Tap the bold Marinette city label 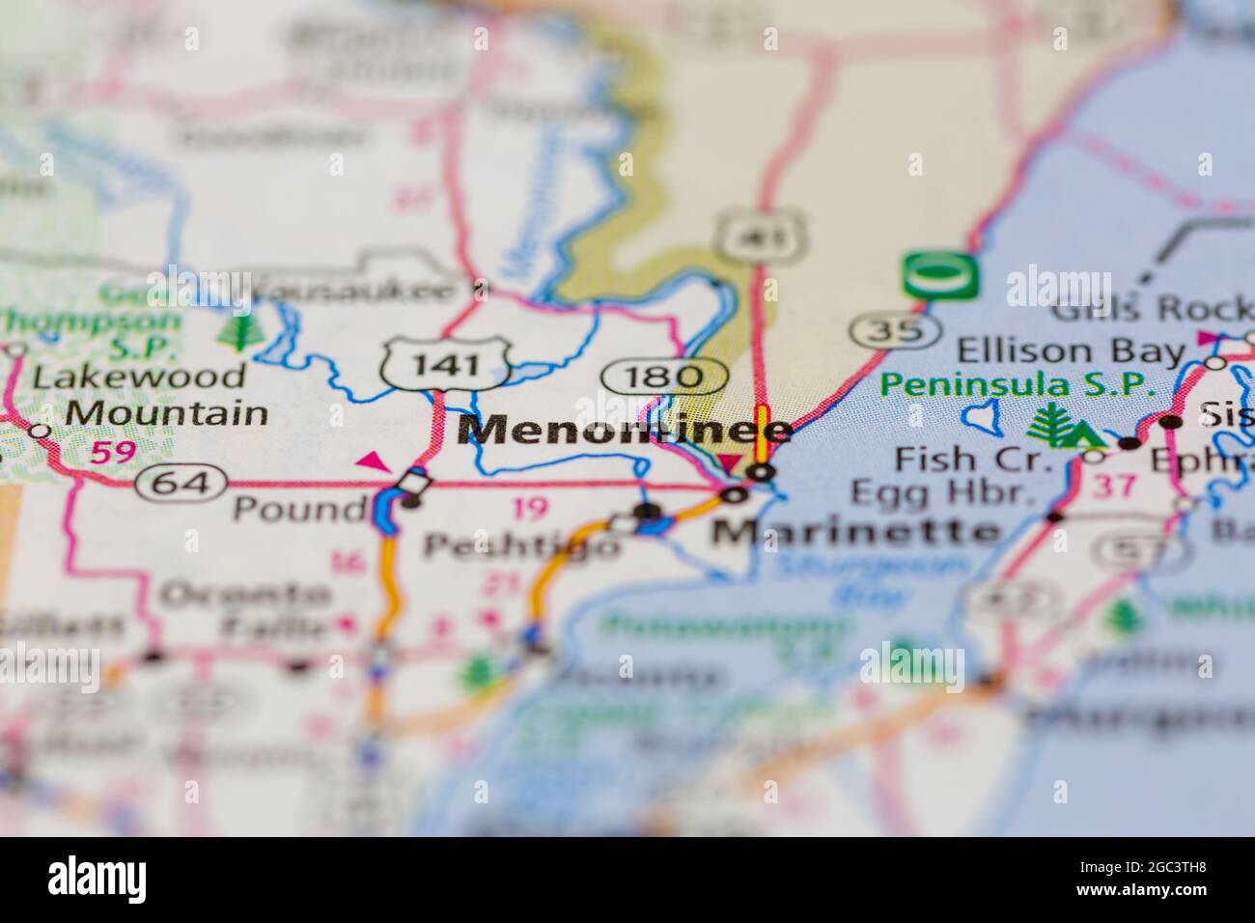coord(855,530)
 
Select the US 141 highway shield coord(445,364)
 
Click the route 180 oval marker coord(665,377)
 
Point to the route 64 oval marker coord(181,482)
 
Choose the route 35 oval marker coord(896,331)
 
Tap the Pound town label coord(299,509)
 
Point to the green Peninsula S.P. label coord(1018,385)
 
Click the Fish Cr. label coord(972,458)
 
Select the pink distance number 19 coord(530,508)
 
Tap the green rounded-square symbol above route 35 coord(940,276)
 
